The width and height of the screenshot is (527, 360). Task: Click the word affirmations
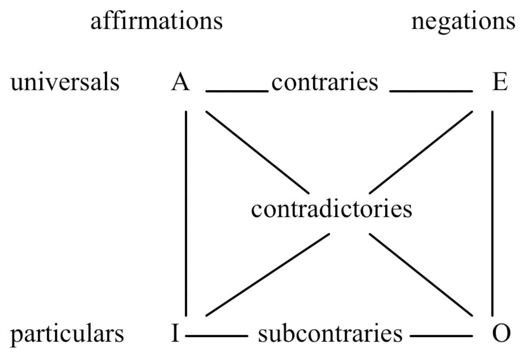click(156, 21)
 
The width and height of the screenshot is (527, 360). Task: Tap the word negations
click(463, 21)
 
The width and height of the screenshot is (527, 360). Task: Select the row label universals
click(65, 82)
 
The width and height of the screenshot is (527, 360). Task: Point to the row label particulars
click(67, 333)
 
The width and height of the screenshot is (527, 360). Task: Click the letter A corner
click(180, 82)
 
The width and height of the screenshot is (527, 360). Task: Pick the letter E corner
click(500, 82)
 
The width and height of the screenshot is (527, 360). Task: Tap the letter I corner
click(175, 333)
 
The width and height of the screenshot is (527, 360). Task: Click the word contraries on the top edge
click(325, 82)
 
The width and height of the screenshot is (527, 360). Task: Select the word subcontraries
click(330, 333)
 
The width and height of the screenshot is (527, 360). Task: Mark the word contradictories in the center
click(331, 210)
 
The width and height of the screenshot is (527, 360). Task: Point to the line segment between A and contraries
click(237, 91)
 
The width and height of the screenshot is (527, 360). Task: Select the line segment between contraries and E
click(431, 91)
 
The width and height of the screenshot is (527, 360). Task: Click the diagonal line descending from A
click(257, 152)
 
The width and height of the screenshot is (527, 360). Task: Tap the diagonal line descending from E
click(421, 152)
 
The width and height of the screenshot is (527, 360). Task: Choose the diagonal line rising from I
click(268, 275)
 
